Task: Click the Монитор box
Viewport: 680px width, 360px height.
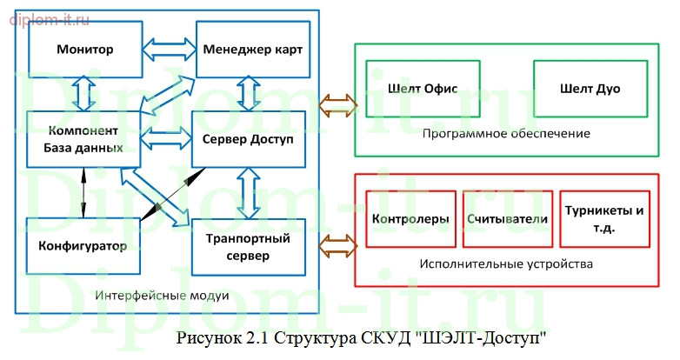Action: click(x=85, y=49)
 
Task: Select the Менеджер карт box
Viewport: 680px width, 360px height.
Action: click(x=253, y=49)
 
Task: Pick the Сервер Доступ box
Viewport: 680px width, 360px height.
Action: click(x=250, y=139)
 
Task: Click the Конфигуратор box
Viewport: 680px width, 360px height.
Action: click(x=83, y=244)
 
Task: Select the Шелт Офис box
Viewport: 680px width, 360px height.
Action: click(x=421, y=89)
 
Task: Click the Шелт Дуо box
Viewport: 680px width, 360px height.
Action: click(x=590, y=89)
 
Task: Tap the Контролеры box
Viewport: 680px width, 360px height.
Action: click(x=410, y=219)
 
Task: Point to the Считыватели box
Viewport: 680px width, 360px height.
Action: click(x=506, y=219)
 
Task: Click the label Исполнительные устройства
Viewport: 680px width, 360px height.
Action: click(x=505, y=263)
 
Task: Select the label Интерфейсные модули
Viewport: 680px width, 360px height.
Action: click(x=163, y=296)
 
